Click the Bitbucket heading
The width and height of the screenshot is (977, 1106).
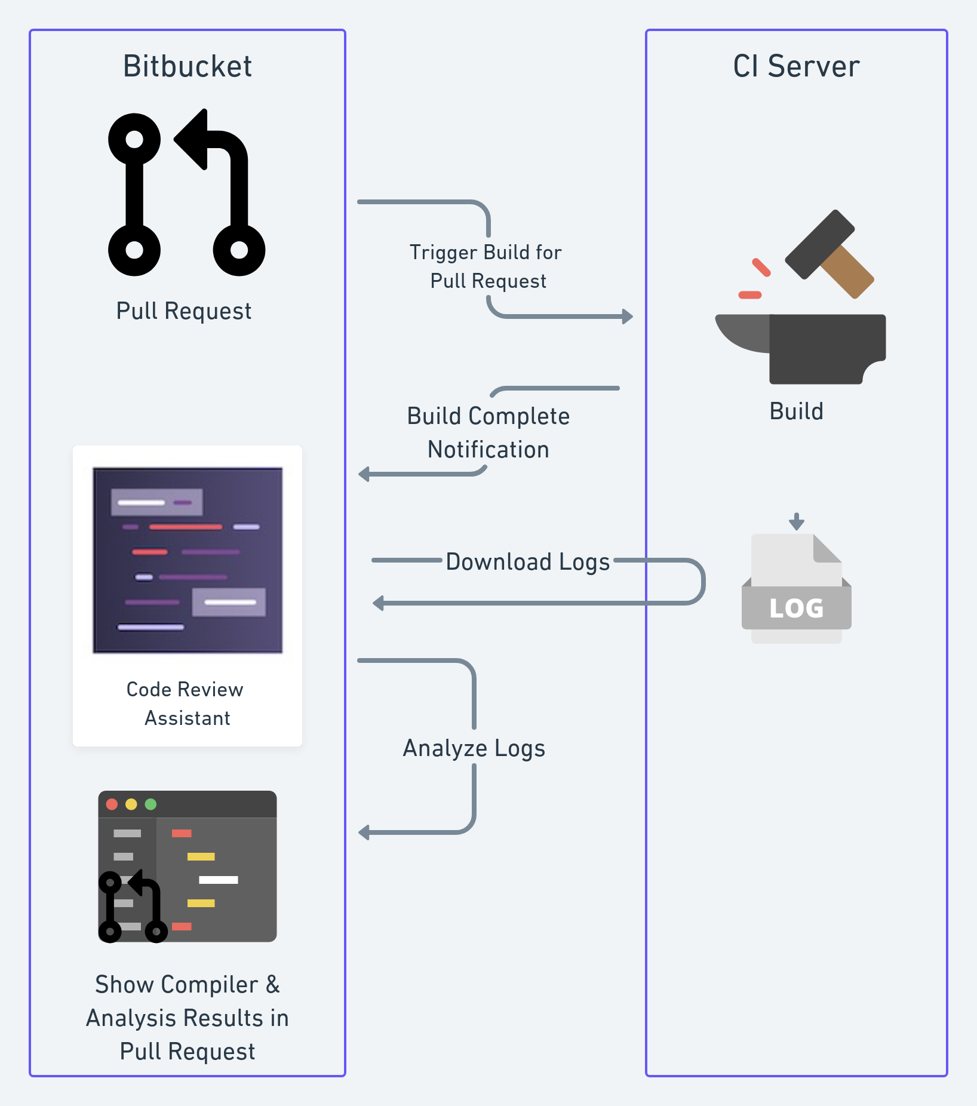[x=187, y=66]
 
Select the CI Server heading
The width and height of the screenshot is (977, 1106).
[x=796, y=66]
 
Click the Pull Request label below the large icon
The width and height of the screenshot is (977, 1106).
[x=184, y=311]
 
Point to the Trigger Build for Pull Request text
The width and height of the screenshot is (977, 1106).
[x=486, y=266]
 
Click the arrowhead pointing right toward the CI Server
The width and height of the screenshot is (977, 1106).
[x=627, y=316]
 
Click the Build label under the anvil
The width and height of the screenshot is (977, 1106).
[x=796, y=411]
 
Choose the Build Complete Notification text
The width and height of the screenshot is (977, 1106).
[x=489, y=432]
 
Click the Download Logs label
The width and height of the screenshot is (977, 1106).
[x=528, y=562]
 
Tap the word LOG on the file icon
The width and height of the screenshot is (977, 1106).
[x=796, y=609]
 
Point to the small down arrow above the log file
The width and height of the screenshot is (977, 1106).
[x=796, y=521]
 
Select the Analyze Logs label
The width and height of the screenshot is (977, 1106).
[x=474, y=748]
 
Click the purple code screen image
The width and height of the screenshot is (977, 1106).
[x=188, y=560]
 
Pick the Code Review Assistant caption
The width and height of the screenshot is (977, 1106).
[x=186, y=703]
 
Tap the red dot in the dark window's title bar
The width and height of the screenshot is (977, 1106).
[x=112, y=804]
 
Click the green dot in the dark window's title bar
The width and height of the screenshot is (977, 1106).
[x=150, y=804]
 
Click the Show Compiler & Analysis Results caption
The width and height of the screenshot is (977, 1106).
[x=187, y=1018]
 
